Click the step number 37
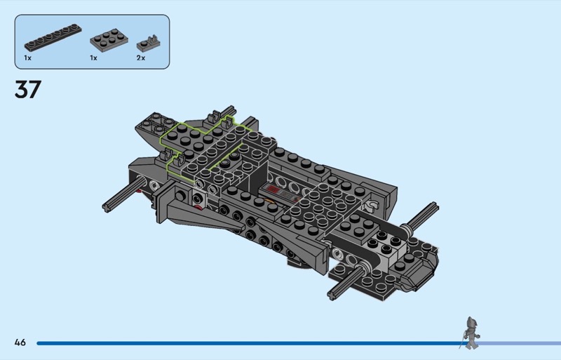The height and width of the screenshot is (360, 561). [28, 89]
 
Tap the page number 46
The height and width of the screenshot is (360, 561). [20, 342]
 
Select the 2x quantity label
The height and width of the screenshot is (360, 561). [141, 58]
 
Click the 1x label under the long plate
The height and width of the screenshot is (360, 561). [27, 58]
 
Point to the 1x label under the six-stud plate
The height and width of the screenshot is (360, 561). [93, 58]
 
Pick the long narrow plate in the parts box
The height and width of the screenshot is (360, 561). [53, 37]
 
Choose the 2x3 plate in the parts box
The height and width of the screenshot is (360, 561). [109, 40]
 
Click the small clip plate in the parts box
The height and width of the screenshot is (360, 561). [148, 44]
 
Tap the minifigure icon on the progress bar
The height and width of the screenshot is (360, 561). [471, 333]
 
